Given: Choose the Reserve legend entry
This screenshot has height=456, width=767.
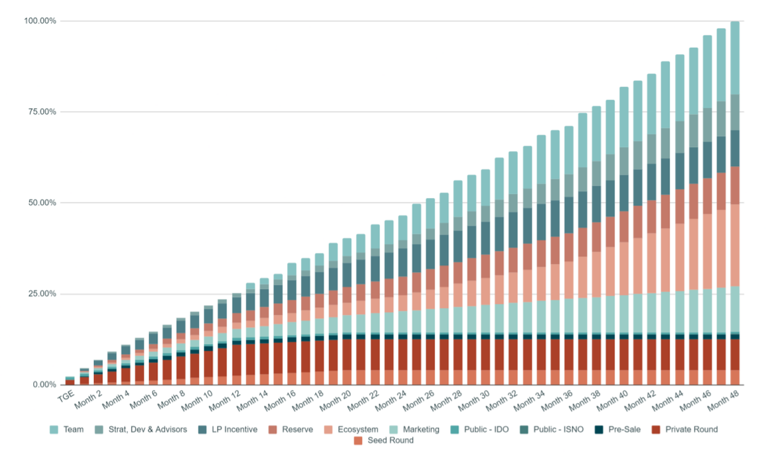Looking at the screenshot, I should pyautogui.click(x=296, y=429).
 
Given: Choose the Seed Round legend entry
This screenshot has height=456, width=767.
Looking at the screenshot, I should pyautogui.click(x=388, y=441).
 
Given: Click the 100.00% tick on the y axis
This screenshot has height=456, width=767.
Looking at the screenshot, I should pyautogui.click(x=40, y=21).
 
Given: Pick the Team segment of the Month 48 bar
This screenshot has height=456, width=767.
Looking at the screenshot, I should pyautogui.click(x=735, y=57).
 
